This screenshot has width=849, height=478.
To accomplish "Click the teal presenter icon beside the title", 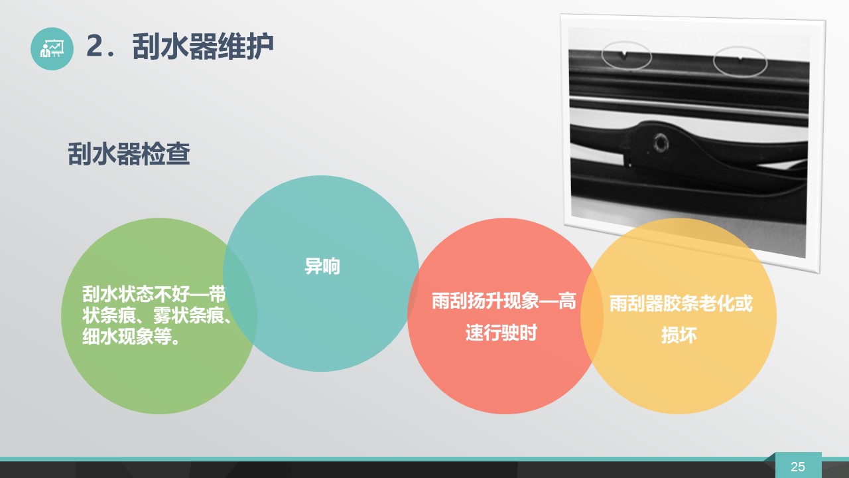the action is tap(52, 48).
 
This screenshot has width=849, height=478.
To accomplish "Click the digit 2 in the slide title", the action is tap(95, 46).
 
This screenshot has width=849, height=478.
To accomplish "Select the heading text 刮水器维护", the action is tap(203, 46).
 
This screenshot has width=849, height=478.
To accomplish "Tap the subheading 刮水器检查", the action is tap(129, 153).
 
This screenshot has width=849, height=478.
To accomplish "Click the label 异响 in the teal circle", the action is tap(322, 266).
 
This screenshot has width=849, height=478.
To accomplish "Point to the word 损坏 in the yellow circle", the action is tap(679, 335).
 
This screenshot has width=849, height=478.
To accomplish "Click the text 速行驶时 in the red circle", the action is tap(501, 333).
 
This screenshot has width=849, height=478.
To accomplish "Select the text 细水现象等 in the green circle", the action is tap(127, 337).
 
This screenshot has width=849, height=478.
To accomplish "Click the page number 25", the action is tap(798, 467).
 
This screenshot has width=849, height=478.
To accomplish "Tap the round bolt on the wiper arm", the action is tap(660, 143).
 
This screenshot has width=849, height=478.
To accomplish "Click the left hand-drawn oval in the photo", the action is tap(627, 55).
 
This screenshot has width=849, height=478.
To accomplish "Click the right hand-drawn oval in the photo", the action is tap(740, 62).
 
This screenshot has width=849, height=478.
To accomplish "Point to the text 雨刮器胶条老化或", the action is tap(681, 303).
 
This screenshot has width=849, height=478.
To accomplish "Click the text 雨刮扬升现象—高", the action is tap(503, 301).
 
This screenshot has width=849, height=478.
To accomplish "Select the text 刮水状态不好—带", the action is tap(155, 294).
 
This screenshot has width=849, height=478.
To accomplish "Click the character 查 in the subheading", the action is tap(178, 153).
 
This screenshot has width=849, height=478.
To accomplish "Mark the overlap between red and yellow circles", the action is tap(592, 316).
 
